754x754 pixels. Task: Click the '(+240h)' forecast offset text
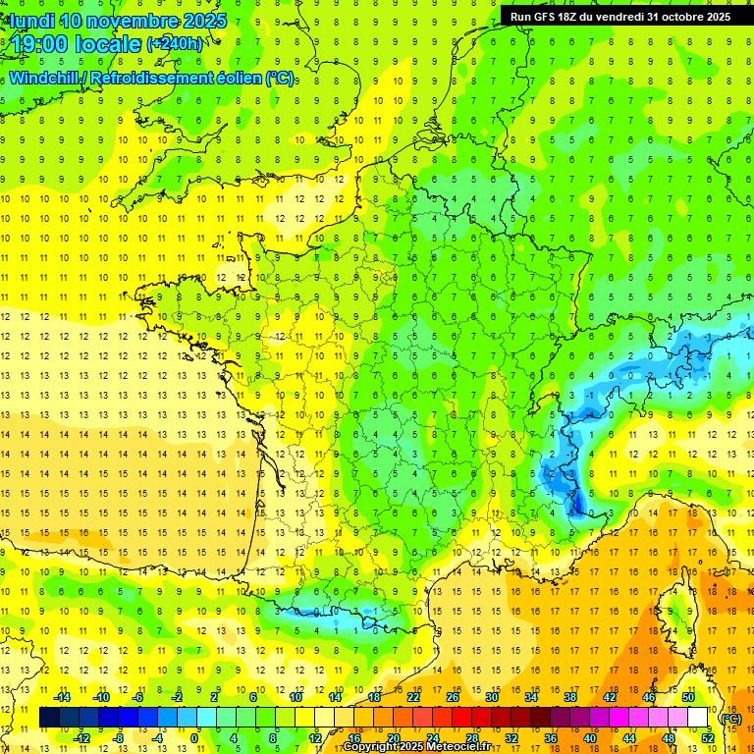(175, 43)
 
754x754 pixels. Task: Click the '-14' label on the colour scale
(61, 697)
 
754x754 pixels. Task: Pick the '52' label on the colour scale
(708, 737)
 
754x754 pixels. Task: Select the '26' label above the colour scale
(453, 697)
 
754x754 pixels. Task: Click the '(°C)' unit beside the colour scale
(730, 718)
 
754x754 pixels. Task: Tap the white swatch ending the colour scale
(698, 718)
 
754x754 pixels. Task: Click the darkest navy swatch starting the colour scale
(49, 718)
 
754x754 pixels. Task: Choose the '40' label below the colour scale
(590, 737)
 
